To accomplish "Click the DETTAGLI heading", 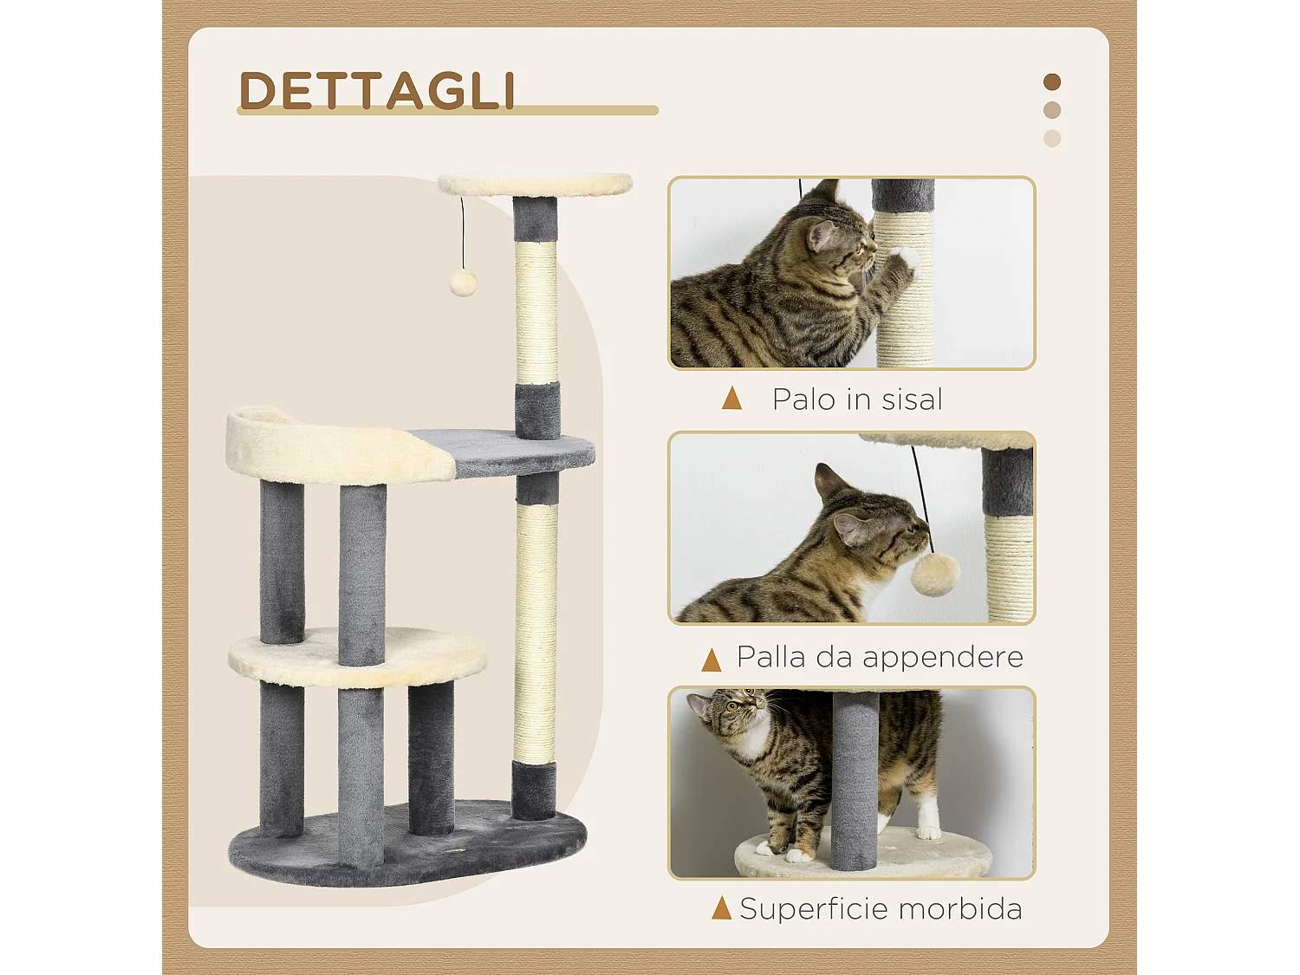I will pyautogui.click(x=377, y=90).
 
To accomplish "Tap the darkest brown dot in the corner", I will pyautogui.click(x=1052, y=82).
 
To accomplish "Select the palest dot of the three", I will pyautogui.click(x=1052, y=139).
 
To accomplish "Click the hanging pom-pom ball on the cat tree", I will pyautogui.click(x=463, y=283).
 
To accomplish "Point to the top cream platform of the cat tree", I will pyautogui.click(x=535, y=185).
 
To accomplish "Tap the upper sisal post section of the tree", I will pyautogui.click(x=536, y=312).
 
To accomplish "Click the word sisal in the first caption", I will pyautogui.click(x=912, y=400).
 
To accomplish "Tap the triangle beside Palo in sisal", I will pyautogui.click(x=732, y=399).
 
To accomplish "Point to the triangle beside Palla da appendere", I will pyautogui.click(x=712, y=660).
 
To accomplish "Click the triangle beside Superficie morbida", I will pyautogui.click(x=721, y=908).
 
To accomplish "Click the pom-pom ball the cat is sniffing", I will pyautogui.click(x=933, y=574).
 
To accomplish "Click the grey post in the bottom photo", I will pyautogui.click(x=855, y=780).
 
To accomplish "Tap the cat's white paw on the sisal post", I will pyautogui.click(x=904, y=257).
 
